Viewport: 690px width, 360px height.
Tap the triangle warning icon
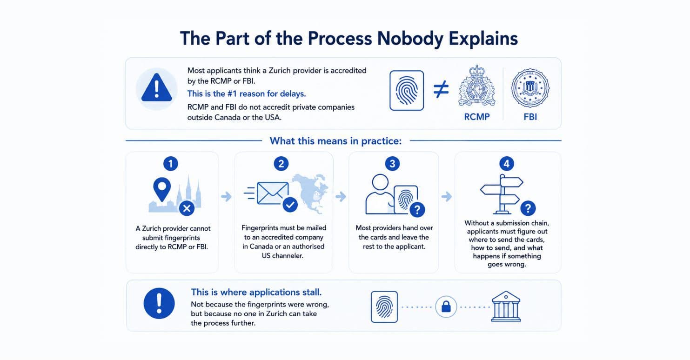coord(156,88)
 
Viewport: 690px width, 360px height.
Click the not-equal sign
coord(441,90)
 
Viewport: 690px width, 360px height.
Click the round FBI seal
coord(530,88)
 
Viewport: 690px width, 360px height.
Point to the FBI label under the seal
coord(530,117)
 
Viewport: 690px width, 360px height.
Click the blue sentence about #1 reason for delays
coord(247,93)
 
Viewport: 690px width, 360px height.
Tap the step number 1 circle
coord(171,164)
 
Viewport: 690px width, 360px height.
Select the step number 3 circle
coord(392,164)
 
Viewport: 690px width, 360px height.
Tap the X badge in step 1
coord(187,208)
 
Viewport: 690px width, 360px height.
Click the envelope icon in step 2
coord(273,193)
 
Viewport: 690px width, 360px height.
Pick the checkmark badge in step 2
coord(290,205)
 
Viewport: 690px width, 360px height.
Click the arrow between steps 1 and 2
coord(227,196)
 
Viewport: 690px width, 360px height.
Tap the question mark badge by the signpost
coord(528,208)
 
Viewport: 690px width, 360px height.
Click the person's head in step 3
coord(380,182)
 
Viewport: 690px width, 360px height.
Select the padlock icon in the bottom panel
coord(446,307)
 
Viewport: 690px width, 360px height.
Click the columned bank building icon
coord(506,307)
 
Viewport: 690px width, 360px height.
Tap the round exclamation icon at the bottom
coord(159,303)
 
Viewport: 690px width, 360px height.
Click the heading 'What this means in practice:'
coord(336,141)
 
